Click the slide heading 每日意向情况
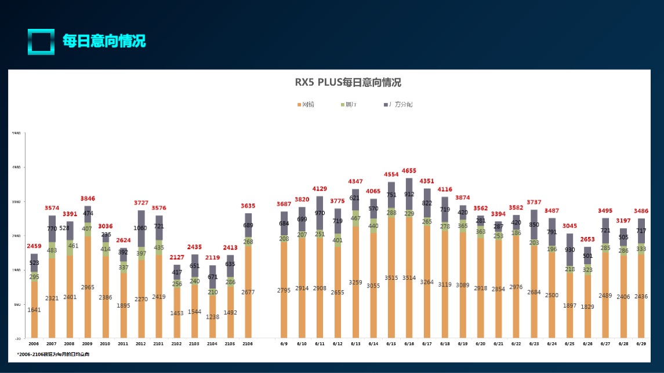point(104,41)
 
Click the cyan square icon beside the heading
point(41,42)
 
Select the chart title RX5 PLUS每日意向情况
point(348,82)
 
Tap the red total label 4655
point(409,171)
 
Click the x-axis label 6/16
point(409,343)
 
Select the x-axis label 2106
point(248,343)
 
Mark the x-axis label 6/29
point(641,343)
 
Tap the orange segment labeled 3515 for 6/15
point(391,278)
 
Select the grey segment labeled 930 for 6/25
point(570,250)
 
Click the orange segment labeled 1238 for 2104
point(213,316)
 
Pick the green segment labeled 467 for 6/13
point(355,218)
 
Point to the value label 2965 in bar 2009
point(88,287)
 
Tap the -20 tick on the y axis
point(17,338)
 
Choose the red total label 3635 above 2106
point(248,206)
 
